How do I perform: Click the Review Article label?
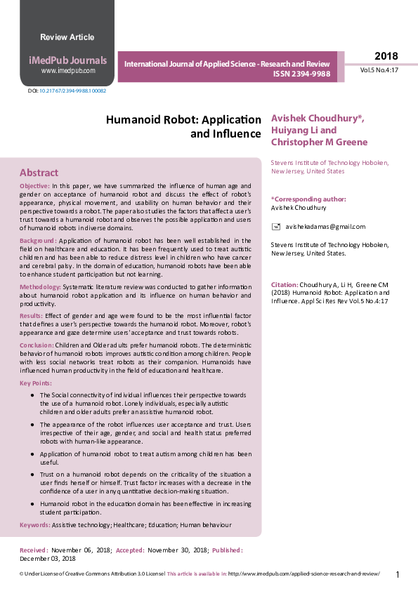[67, 37]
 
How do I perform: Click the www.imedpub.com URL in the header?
[67, 71]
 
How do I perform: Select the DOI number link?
[72, 91]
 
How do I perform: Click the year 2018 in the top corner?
[386, 56]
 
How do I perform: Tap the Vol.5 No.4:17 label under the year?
[379, 70]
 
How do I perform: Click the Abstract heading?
[39, 173]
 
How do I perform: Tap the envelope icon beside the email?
[276, 226]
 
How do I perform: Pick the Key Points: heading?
[35, 383]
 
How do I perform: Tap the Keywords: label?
[34, 524]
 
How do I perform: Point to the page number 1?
[398, 575]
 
